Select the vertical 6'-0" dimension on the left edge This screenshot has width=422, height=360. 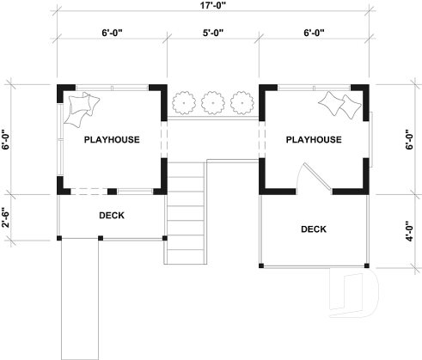(6, 139)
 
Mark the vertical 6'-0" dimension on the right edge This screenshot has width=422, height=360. (412, 139)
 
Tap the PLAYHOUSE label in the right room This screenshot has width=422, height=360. (314, 139)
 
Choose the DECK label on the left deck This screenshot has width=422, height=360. (112, 216)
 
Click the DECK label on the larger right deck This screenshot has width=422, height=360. (314, 229)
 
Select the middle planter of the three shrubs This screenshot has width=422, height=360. (212, 103)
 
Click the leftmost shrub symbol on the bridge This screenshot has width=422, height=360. (183, 103)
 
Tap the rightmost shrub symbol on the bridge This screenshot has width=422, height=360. (241, 103)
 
